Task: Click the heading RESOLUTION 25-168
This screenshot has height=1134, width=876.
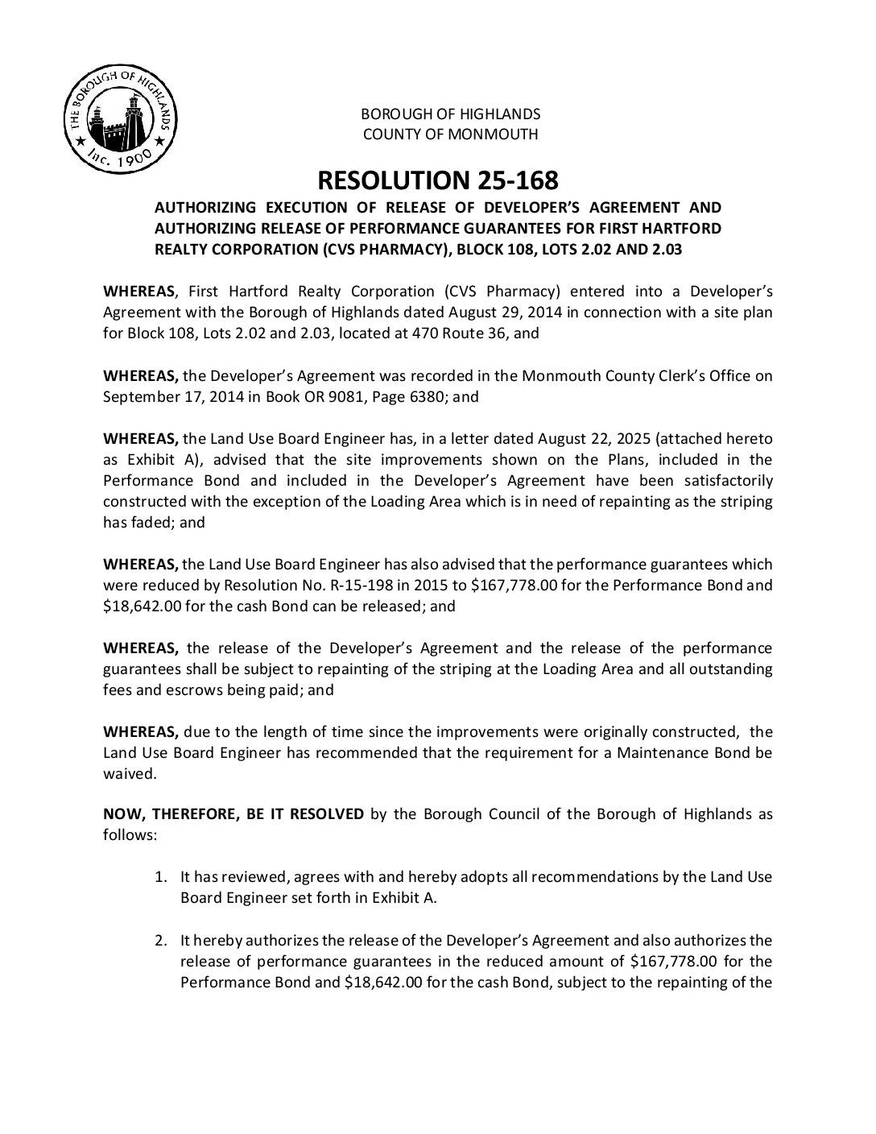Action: coord(437,179)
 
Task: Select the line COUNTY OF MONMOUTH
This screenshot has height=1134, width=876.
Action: coord(450,134)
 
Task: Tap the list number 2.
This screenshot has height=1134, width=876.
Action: coord(161,940)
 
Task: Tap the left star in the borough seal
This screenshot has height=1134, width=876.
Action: coord(81,141)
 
